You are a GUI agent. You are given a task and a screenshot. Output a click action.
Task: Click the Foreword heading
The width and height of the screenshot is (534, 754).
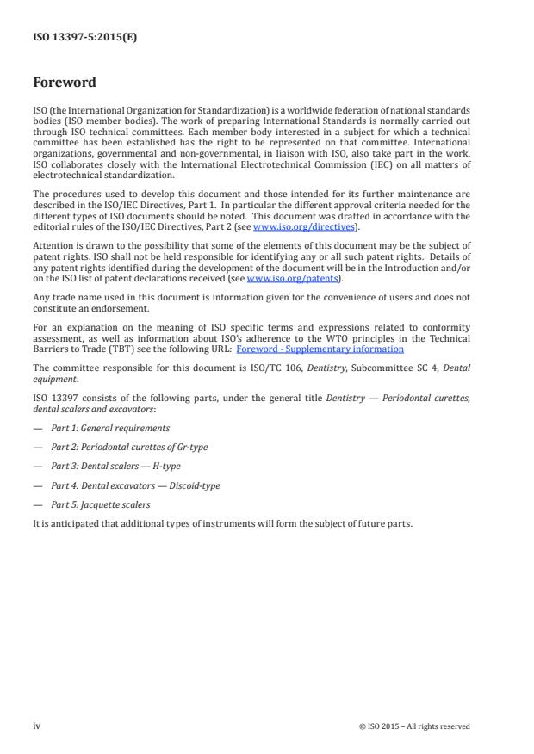coord(64,83)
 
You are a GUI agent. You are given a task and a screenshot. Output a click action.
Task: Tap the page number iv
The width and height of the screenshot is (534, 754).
coord(37,726)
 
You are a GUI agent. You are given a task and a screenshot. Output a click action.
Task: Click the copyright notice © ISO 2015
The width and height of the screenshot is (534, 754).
coord(414,726)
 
